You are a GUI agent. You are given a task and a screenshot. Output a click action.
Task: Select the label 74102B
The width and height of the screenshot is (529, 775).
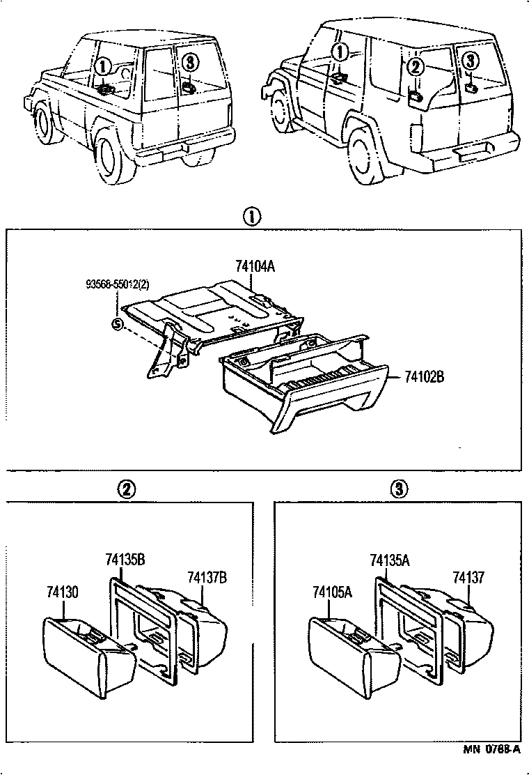(424, 377)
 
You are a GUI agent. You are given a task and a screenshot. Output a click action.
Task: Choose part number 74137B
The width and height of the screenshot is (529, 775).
(207, 578)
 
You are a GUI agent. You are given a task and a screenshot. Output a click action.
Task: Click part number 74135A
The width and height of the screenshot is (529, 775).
(390, 560)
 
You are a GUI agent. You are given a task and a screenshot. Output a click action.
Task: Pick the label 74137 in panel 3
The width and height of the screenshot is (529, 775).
(468, 578)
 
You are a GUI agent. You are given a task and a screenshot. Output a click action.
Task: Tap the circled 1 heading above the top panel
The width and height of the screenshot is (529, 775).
(251, 217)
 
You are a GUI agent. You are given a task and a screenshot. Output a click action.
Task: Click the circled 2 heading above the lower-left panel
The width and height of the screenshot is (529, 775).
(127, 489)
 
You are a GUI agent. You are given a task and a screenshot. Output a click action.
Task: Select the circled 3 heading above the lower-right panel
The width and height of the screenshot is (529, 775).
(397, 489)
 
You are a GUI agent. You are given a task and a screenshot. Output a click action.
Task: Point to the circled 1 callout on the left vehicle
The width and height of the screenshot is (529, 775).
(102, 67)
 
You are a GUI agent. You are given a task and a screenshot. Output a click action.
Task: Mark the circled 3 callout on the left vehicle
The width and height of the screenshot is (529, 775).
(189, 63)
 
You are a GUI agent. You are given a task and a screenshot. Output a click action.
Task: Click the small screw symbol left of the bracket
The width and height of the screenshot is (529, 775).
(117, 323)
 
